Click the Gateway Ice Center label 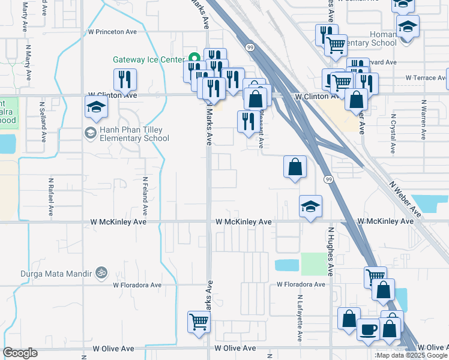(x=148, y=60)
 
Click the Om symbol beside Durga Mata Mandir (x=101, y=274)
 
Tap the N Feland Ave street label (x=145, y=196)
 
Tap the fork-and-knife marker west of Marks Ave (x=125, y=79)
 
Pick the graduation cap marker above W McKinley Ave (x=310, y=206)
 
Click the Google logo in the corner (x=20, y=353)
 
